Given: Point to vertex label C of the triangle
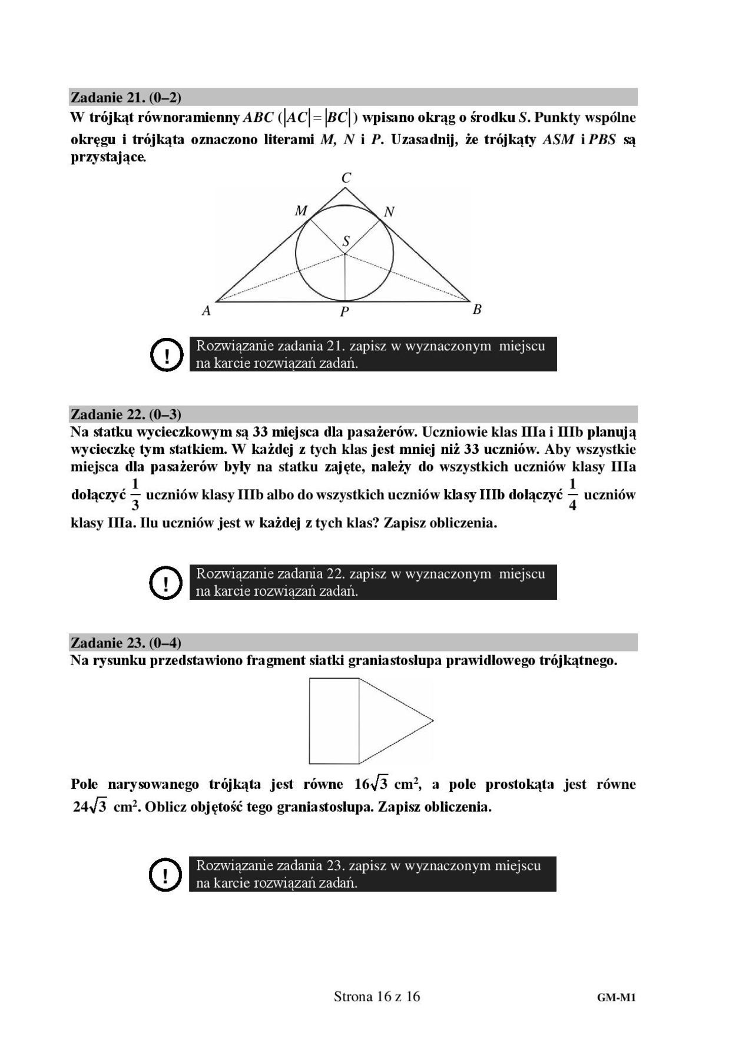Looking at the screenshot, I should pos(346,178).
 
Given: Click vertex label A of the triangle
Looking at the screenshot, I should pos(206,311).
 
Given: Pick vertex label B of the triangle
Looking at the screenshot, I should pos(477,309).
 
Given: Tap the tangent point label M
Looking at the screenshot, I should pos(301,211).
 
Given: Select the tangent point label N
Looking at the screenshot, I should pos(389,212).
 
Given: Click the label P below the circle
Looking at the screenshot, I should pos(344,312).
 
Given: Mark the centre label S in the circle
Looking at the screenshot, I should pos(346,241).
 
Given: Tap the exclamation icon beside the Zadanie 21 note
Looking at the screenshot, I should pos(167,354).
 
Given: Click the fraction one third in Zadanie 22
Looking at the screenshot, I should pos(135,494).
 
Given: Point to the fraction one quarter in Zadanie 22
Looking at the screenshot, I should pos(572,494).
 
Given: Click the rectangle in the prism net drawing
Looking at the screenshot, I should pos(334,721).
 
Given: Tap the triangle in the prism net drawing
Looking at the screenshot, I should pos(389,721).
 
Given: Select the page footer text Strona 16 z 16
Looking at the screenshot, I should pos(377,996).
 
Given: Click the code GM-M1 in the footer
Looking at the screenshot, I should pos(617,997).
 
